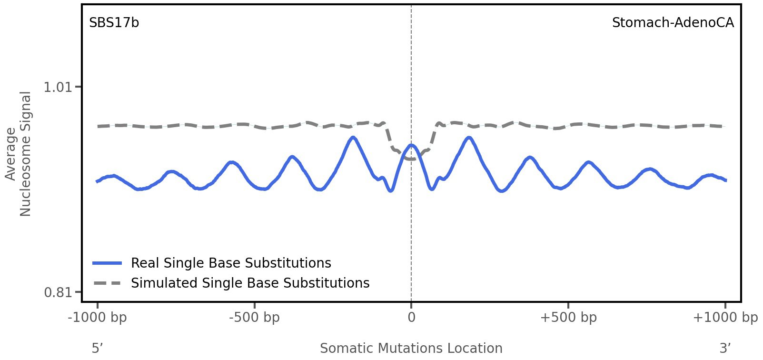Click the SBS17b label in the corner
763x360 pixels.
(114, 23)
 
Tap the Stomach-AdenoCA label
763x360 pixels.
(673, 23)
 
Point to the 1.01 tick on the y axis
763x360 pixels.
(57, 87)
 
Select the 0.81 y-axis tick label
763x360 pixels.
(57, 292)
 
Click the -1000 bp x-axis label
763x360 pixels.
(98, 318)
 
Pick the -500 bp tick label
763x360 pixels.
(254, 318)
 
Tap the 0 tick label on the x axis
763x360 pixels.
(411, 318)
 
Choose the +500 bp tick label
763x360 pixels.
(568, 318)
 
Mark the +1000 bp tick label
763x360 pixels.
(725, 318)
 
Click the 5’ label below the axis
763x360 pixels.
(97, 349)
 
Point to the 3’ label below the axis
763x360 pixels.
(725, 349)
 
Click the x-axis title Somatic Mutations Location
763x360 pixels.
(411, 349)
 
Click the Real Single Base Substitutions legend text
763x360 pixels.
(231, 263)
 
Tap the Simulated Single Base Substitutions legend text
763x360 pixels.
(250, 283)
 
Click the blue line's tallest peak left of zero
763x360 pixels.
(352, 138)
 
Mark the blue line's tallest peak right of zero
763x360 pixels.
(469, 138)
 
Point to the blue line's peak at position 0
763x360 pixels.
(411, 145)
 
